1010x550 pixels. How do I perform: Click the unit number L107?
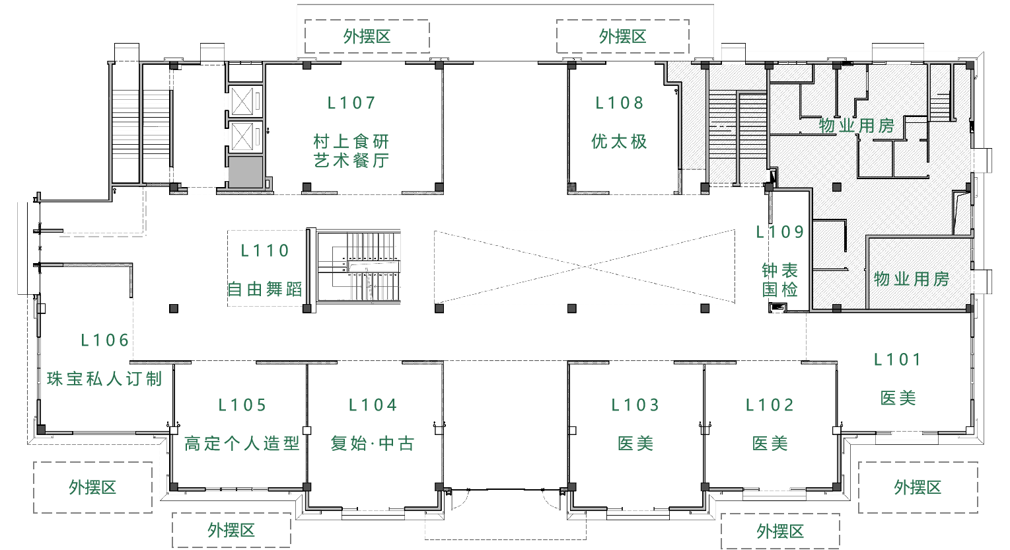(351, 103)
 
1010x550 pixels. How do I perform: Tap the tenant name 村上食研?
(351, 141)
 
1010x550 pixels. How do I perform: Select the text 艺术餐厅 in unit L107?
(351, 160)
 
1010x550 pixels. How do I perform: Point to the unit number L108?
(620, 103)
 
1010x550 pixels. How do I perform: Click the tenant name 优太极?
(620, 141)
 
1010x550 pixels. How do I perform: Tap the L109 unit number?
(780, 232)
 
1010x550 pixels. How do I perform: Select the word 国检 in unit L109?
(780, 289)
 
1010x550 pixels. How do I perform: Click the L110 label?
(265, 251)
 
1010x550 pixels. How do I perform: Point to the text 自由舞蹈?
(265, 289)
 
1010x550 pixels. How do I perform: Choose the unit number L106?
(105, 340)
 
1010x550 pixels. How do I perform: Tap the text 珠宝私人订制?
(104, 379)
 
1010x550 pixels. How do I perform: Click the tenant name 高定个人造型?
(242, 444)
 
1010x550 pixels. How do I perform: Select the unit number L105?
(242, 405)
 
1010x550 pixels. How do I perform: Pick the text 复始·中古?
(373, 444)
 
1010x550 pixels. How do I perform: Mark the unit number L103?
(635, 405)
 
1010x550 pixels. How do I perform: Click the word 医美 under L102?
(770, 444)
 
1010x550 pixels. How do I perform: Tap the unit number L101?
(898, 360)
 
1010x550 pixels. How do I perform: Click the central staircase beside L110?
(359, 266)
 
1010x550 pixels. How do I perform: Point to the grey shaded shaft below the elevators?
(245, 172)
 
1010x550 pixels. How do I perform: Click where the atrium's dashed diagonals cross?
(585, 266)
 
